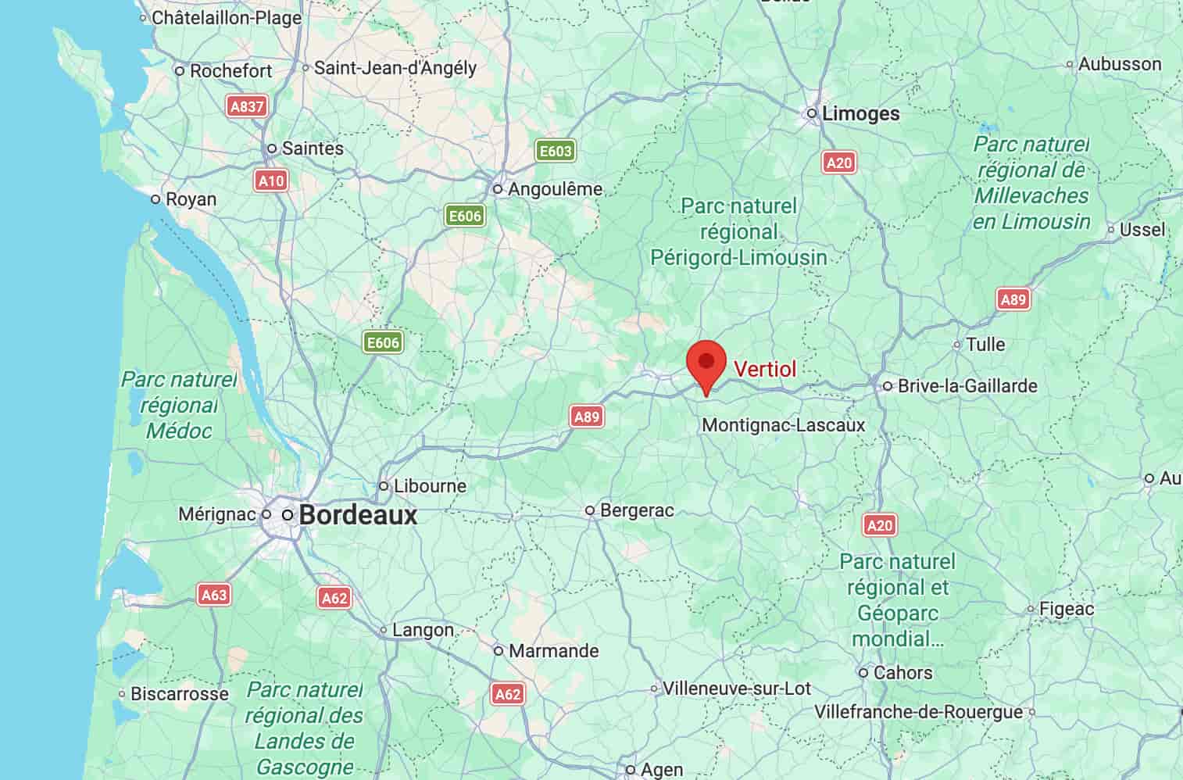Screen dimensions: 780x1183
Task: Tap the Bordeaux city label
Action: click(x=358, y=515)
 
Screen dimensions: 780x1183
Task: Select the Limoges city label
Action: click(x=860, y=113)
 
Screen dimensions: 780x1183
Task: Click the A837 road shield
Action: click(x=247, y=106)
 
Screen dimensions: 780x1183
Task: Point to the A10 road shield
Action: click(x=271, y=181)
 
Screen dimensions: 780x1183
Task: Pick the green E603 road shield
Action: click(x=555, y=150)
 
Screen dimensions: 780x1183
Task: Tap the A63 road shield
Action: click(x=213, y=595)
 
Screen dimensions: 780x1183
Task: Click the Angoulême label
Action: click(x=555, y=189)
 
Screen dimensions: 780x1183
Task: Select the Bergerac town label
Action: click(x=637, y=510)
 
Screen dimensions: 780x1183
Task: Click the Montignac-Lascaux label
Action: click(x=784, y=425)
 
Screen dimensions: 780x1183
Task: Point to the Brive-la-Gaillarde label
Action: click(x=967, y=385)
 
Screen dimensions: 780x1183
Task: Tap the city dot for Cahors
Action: click(x=863, y=672)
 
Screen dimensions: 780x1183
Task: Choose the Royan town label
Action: click(x=191, y=199)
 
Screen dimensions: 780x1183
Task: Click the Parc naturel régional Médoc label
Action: click(x=179, y=405)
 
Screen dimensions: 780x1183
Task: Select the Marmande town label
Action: click(x=553, y=650)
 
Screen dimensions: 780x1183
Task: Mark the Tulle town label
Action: click(x=985, y=344)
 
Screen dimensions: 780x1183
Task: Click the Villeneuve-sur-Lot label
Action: click(x=736, y=689)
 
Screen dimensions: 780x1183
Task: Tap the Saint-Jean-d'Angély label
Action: click(x=395, y=68)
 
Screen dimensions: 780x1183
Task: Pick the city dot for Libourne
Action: click(x=384, y=486)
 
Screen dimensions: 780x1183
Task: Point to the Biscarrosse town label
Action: click(x=179, y=693)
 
